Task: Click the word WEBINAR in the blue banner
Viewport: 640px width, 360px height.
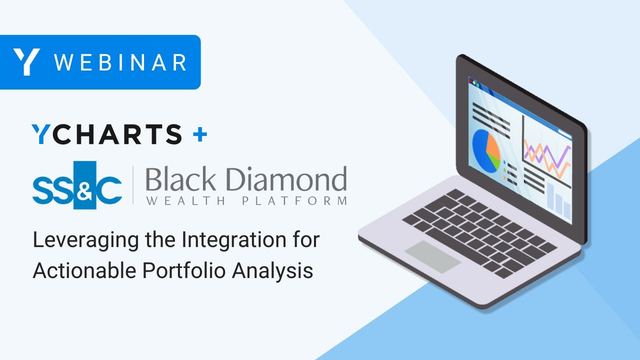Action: (120, 62)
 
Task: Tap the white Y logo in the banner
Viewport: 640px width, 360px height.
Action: (26, 62)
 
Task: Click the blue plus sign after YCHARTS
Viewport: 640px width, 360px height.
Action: (199, 134)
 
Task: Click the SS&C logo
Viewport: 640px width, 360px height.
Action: (77, 185)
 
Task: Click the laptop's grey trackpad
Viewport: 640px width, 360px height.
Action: (432, 256)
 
